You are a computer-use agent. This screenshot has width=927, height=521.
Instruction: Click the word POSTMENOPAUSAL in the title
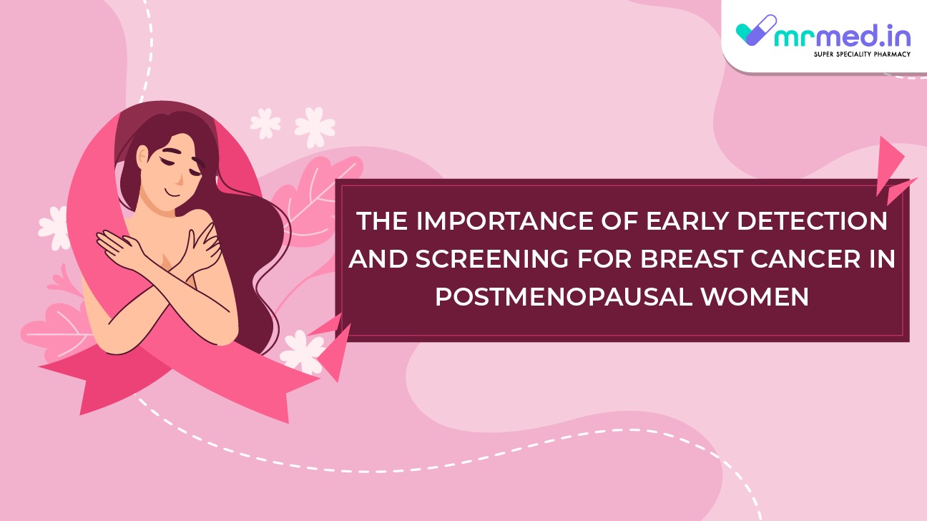point(563,296)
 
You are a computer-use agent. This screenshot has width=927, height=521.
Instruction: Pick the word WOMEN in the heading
point(754,296)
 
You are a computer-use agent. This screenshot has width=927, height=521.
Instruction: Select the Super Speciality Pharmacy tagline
point(862,54)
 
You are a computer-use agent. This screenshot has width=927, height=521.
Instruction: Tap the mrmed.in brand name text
point(842,36)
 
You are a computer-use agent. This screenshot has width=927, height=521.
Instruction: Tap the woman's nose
point(180,180)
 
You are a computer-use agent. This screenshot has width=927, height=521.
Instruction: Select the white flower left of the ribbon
point(54,228)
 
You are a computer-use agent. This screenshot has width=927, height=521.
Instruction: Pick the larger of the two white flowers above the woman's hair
point(315,127)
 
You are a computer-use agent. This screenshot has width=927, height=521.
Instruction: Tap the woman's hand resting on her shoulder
point(205,248)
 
